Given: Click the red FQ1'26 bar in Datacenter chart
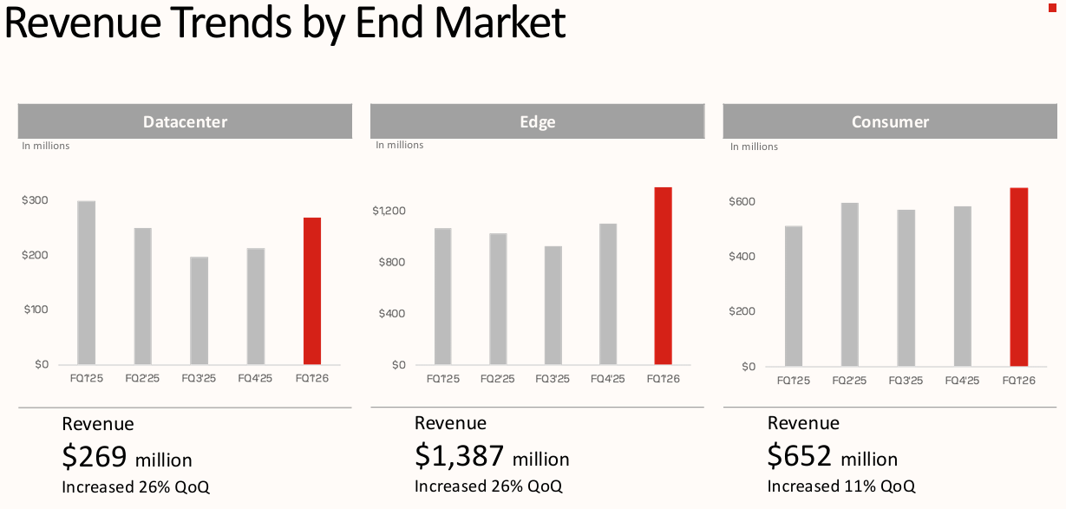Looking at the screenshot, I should click(312, 290).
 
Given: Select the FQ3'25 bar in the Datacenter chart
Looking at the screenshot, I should click(199, 310).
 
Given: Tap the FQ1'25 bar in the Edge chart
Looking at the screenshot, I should click(443, 296).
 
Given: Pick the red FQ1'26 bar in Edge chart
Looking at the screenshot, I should click(663, 276).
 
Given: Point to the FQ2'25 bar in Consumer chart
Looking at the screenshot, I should click(849, 284).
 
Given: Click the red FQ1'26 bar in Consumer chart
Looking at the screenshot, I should click(1018, 277).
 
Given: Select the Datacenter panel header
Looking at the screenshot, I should click(185, 122).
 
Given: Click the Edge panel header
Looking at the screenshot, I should click(537, 122).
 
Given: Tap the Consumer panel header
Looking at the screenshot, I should click(890, 122).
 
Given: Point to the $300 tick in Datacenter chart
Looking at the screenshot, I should click(35, 200).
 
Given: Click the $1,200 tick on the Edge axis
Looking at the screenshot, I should click(389, 211).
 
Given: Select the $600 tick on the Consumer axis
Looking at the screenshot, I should click(742, 202).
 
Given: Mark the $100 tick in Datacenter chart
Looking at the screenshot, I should click(35, 310).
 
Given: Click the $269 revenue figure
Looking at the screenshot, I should click(95, 456).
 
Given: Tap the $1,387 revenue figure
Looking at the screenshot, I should click(459, 456).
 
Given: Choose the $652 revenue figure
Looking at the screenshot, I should click(800, 456).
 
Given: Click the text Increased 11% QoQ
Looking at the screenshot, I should click(840, 486).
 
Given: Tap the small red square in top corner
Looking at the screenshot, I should click(1052, 6).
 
